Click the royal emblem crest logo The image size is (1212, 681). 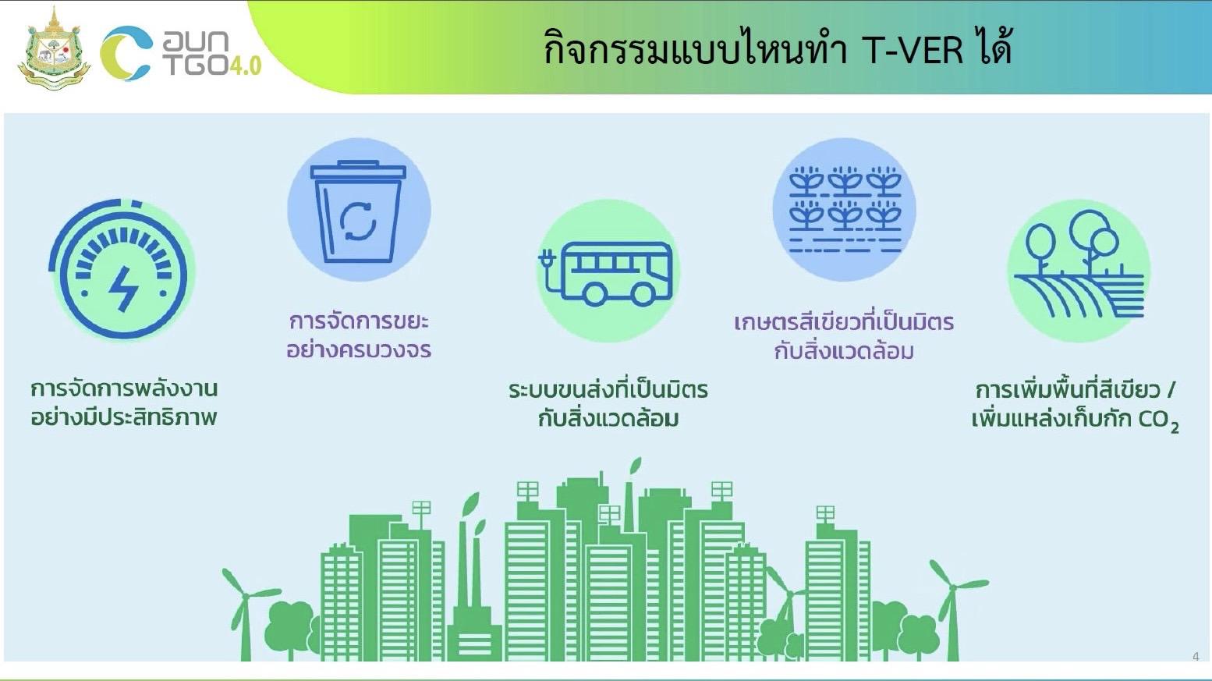(54, 49)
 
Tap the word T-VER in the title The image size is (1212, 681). (913, 51)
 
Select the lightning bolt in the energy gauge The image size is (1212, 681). (123, 288)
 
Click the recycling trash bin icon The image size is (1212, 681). (359, 211)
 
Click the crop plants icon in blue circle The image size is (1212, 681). (845, 209)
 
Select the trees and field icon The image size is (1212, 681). (1079, 270)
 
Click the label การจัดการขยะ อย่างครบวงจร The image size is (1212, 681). (359, 335)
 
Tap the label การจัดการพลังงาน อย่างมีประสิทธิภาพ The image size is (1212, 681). (123, 403)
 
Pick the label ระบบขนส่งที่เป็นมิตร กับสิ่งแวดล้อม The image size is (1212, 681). (608, 403)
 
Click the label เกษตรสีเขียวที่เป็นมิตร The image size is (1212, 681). (844, 322)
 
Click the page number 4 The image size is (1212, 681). (1196, 657)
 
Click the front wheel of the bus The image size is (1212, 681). (643, 294)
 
